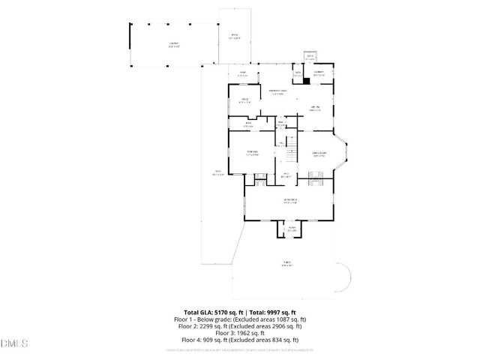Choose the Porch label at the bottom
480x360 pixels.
(287, 263)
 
